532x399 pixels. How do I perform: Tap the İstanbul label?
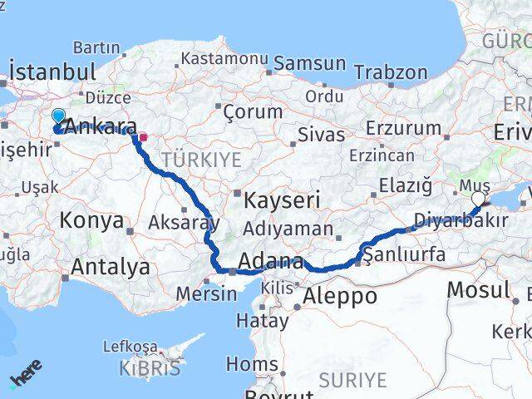(x=51, y=71)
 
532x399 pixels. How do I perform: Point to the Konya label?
(x=91, y=221)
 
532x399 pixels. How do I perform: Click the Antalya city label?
(x=111, y=267)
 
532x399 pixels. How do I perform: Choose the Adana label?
(x=271, y=259)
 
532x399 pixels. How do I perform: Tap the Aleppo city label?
(x=336, y=295)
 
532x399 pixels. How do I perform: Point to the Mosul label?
(x=478, y=289)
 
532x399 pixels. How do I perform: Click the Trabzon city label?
(x=390, y=72)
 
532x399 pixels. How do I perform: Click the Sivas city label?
(x=320, y=134)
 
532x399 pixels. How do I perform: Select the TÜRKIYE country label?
(x=201, y=159)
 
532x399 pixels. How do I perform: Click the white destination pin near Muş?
(x=479, y=199)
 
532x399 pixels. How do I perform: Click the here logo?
(x=27, y=378)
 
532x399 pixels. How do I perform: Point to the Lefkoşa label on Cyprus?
(x=130, y=346)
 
